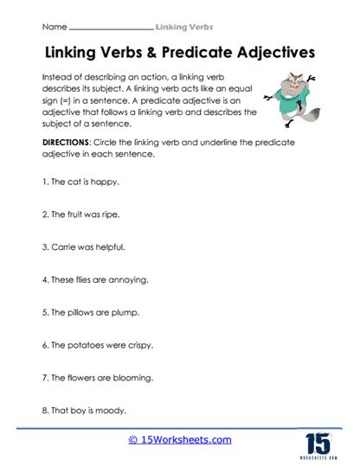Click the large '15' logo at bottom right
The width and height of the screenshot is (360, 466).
(x=324, y=440)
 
